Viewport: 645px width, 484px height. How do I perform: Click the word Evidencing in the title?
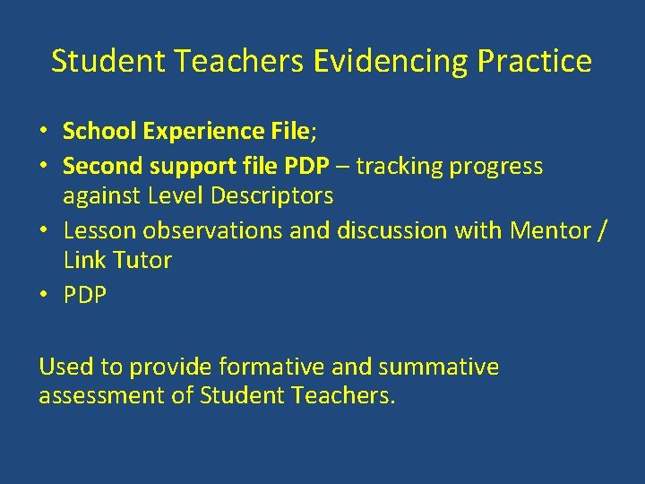[x=391, y=61]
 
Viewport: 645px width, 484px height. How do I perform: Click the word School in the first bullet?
[x=97, y=132]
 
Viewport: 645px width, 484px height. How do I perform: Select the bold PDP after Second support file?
[x=307, y=167]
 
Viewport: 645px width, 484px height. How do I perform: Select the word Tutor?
[x=142, y=260]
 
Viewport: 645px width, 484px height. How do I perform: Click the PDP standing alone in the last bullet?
[x=85, y=295]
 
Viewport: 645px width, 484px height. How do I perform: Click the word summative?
[x=438, y=367]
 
